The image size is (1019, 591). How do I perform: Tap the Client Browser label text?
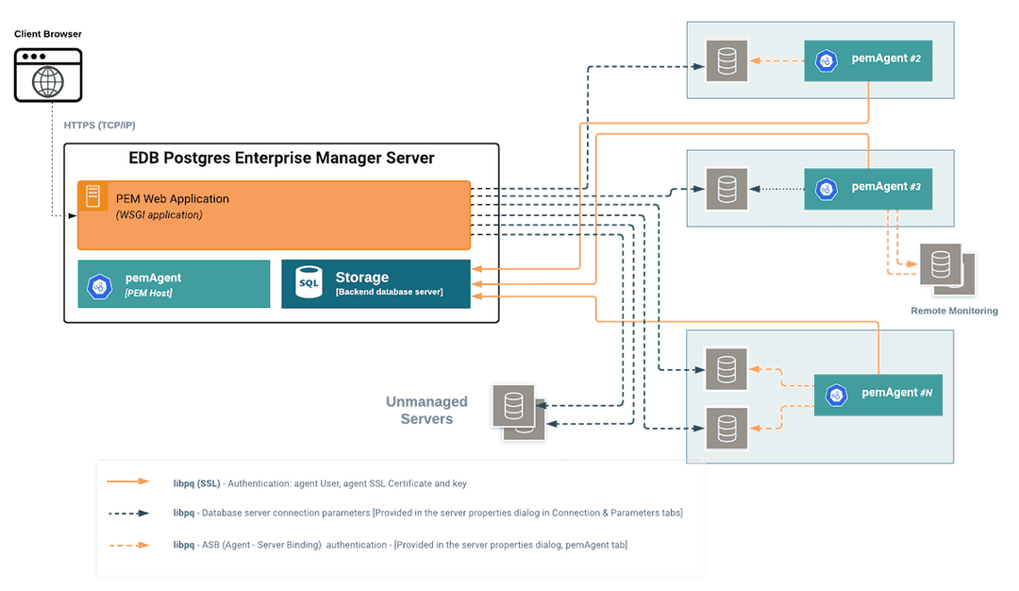tap(48, 34)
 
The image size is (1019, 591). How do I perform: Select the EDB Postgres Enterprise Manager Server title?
tap(281, 158)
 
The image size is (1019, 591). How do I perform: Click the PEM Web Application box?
tap(274, 215)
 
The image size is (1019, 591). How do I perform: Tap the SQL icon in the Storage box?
tap(309, 283)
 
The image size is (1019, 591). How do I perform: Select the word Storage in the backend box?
tap(362, 278)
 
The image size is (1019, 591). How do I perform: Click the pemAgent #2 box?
tap(867, 60)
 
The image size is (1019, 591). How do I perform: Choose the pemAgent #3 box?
tap(867, 188)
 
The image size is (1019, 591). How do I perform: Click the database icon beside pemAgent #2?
tap(727, 60)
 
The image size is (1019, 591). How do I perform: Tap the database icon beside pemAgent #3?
tap(727, 188)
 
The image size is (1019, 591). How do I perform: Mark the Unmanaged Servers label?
tap(426, 411)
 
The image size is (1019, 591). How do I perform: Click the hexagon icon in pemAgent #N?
tap(836, 394)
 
